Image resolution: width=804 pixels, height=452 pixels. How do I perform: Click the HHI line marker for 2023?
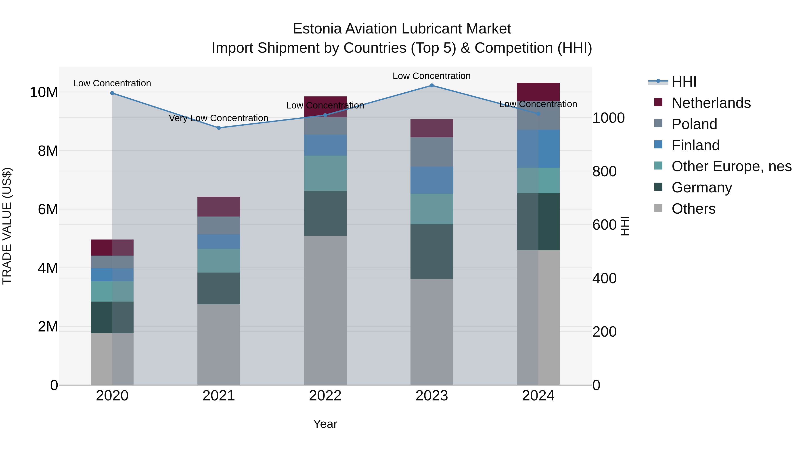pyautogui.click(x=432, y=85)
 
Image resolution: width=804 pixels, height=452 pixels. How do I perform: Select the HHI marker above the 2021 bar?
pyautogui.click(x=219, y=128)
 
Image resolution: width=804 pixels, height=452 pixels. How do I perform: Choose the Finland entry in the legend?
pyautogui.click(x=695, y=145)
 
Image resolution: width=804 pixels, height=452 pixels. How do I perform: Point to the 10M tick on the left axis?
pyautogui.click(x=44, y=92)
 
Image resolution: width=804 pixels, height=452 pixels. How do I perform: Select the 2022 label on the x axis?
pyautogui.click(x=325, y=396)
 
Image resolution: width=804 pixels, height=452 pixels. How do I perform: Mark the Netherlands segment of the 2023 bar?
pyautogui.click(x=432, y=128)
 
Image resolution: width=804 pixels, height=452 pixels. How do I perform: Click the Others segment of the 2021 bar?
pyautogui.click(x=219, y=344)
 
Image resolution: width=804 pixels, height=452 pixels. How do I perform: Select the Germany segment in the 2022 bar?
pyautogui.click(x=325, y=213)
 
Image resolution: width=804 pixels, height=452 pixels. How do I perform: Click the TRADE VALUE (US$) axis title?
pyautogui.click(x=7, y=226)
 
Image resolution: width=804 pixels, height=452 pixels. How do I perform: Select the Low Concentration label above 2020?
pyautogui.click(x=112, y=83)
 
